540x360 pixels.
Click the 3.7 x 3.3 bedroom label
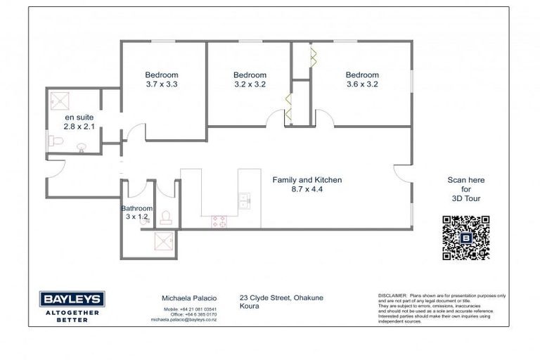162,79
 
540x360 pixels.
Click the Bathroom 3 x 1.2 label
136,212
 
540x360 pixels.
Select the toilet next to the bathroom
166,217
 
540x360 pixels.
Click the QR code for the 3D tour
465,238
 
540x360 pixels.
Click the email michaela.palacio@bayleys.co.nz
184,319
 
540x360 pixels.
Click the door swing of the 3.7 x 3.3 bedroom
136,131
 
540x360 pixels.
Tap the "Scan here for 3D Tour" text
465,189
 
